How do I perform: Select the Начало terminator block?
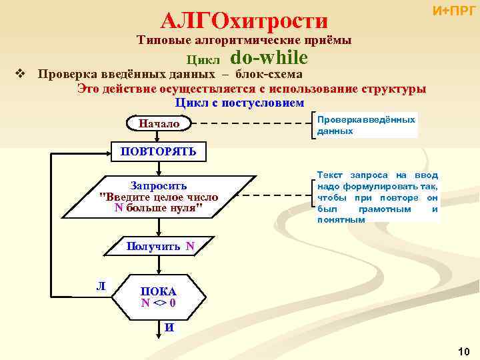159,124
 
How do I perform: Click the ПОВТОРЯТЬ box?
158,151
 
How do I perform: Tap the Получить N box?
159,247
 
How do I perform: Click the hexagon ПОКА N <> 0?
159,297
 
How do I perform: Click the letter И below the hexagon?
169,327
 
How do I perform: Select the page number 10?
464,351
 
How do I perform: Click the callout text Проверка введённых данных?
366,125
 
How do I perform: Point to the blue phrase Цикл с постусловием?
239,103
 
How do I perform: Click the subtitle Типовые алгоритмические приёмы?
244,41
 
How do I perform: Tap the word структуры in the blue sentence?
395,89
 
